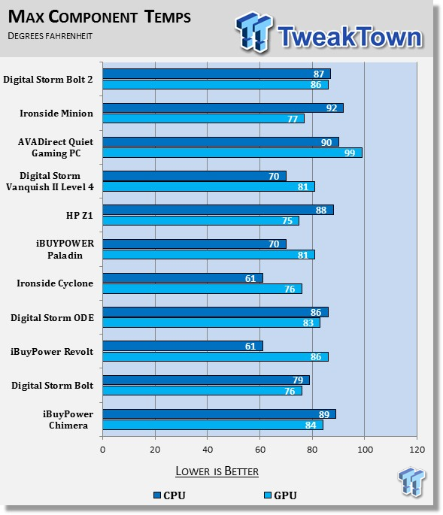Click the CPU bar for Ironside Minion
223,108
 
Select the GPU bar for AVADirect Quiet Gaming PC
232,153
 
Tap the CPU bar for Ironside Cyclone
183,278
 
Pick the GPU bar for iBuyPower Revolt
216,356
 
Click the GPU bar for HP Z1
201,221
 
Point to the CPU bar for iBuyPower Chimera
219,414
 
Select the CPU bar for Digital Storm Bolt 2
217,74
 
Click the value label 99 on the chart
350,153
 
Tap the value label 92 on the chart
332,108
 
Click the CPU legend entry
169,495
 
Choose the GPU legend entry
281,495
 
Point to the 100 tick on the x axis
365,450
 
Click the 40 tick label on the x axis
208,450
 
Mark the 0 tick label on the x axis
103,450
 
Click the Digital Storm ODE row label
52,318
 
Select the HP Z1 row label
80,216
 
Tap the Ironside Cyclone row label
55,283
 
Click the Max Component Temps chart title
99,17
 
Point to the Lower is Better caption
217,471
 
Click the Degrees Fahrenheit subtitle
50,36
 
